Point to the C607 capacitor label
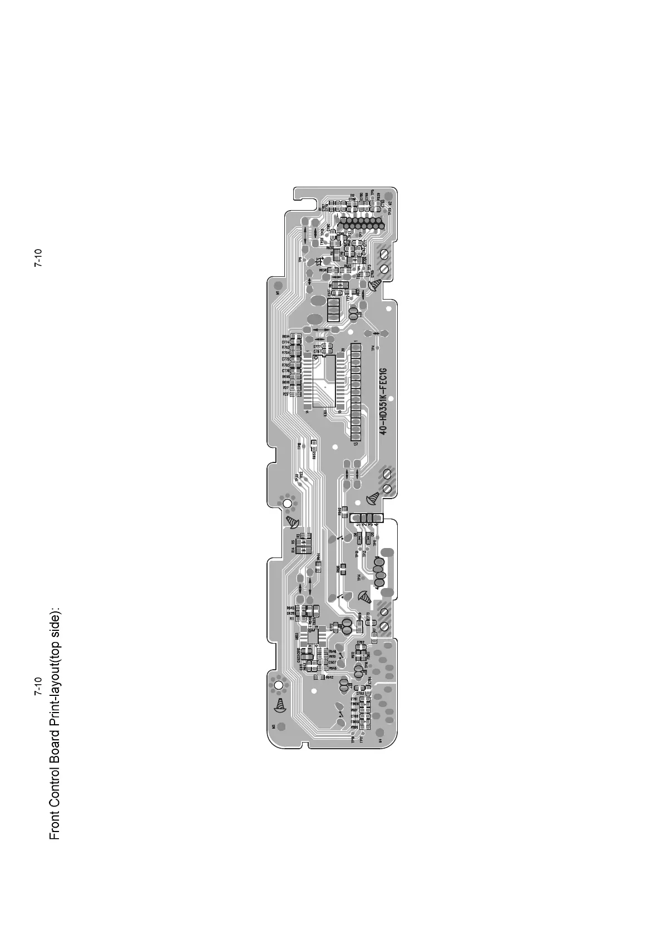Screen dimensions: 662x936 pyautogui.click(x=332, y=663)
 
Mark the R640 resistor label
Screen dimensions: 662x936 pyautogui.click(x=339, y=510)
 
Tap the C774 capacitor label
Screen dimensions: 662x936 pyautogui.click(x=285, y=342)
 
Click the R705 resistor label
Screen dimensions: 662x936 pyautogui.click(x=285, y=365)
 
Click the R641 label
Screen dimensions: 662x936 pyautogui.click(x=347, y=266)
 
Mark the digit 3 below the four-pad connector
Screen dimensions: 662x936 pyautogui.click(x=370, y=525)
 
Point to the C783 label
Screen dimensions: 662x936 pyautogui.click(x=359, y=694)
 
